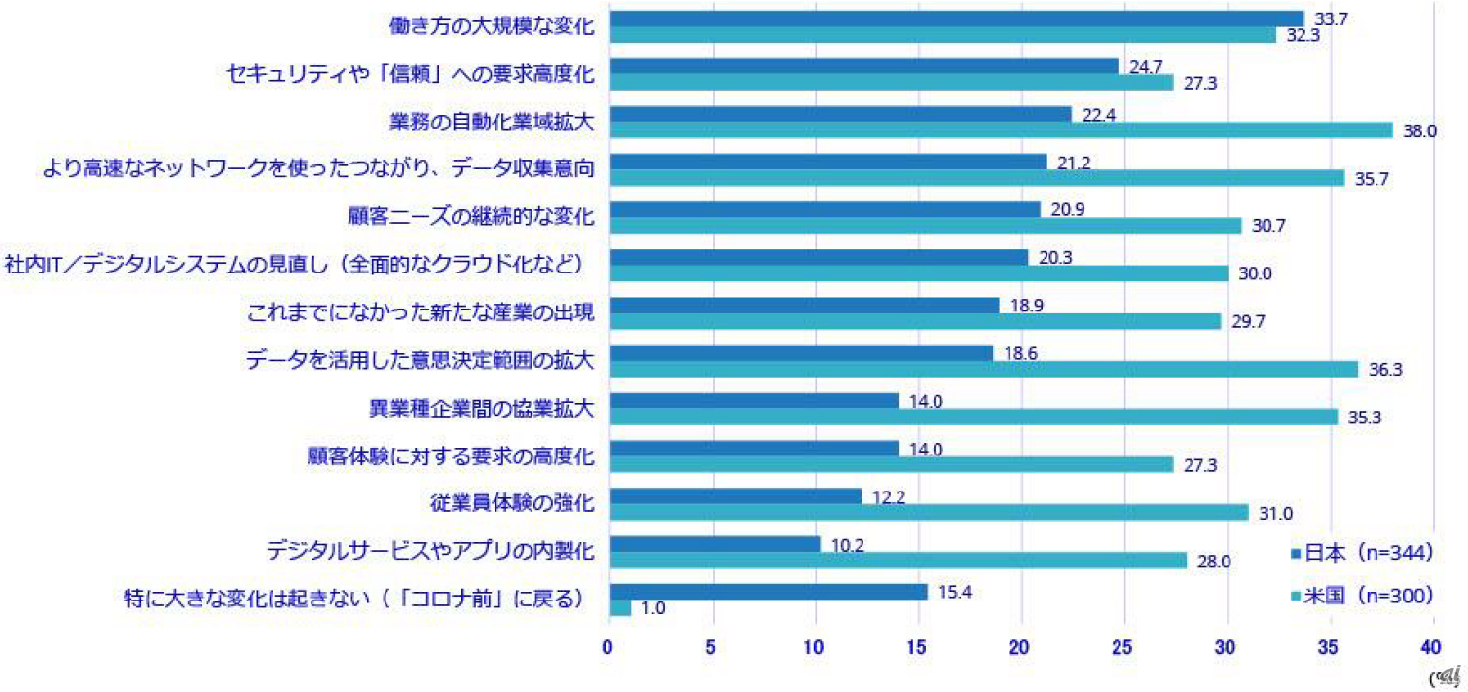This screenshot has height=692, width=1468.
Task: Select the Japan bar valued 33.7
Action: (x=955, y=18)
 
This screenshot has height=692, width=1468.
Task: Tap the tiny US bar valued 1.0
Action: (x=619, y=608)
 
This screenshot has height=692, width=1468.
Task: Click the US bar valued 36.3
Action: (x=982, y=369)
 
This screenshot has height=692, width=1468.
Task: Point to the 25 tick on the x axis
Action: (x=1123, y=645)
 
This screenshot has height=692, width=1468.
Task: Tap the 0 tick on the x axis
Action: (x=608, y=645)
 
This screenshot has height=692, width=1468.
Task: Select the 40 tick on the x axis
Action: (x=1431, y=645)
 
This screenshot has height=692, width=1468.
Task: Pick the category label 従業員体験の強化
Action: (x=511, y=503)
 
